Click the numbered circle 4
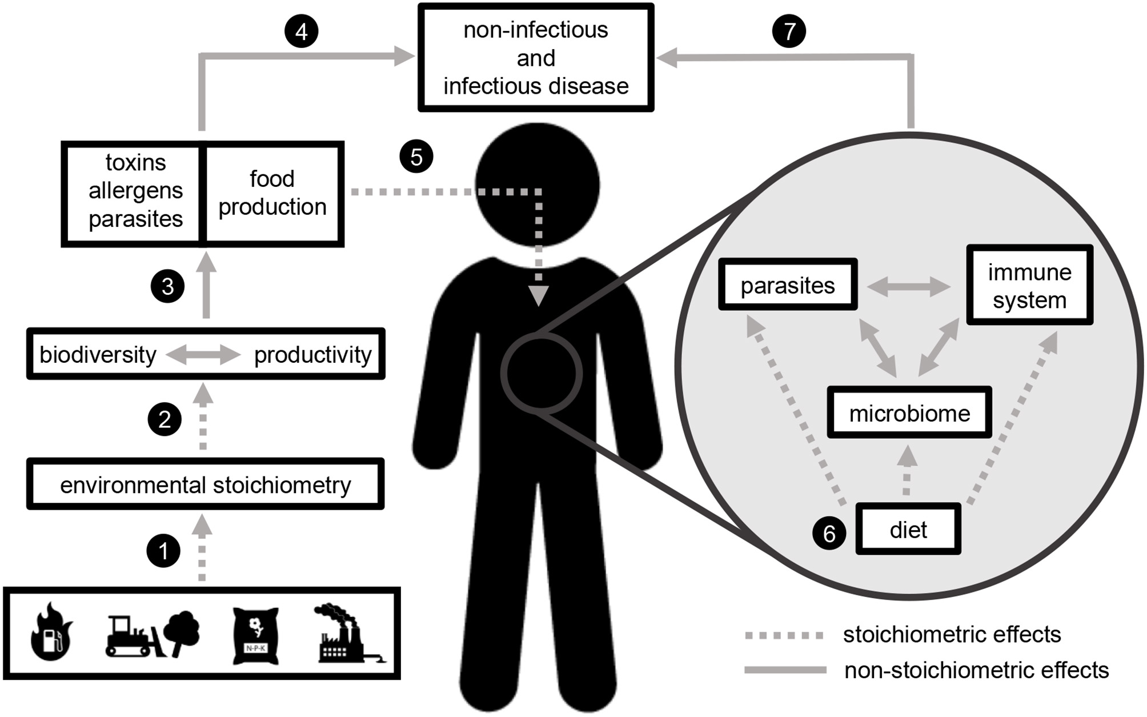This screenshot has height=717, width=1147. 301,31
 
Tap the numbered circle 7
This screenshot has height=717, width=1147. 789,31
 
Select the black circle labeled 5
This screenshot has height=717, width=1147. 416,157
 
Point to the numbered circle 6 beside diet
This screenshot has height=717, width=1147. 829,533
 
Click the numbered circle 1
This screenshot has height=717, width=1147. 164,551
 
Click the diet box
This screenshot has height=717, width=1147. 908,530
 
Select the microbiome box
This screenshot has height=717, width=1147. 909,413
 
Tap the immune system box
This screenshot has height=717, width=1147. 1029,286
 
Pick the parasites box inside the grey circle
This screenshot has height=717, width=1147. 787,285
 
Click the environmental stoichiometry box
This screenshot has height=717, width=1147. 205,484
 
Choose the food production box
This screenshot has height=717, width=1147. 272,193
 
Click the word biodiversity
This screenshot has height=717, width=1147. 98,355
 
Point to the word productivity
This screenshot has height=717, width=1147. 312,355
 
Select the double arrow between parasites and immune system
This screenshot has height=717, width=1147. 908,286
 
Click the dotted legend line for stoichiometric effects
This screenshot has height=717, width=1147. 785,635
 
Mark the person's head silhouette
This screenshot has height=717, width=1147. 538,185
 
